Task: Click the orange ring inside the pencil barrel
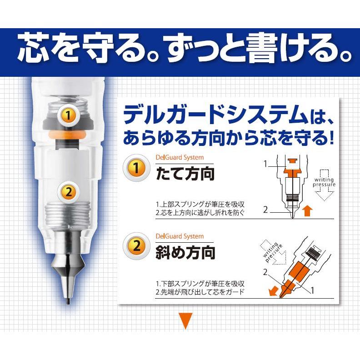(68, 136)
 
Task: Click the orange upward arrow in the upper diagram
(307, 210)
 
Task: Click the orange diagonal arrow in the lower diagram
(273, 292)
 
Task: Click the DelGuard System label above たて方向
(179, 158)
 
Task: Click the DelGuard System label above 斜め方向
(179, 236)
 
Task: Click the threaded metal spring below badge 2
(68, 216)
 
